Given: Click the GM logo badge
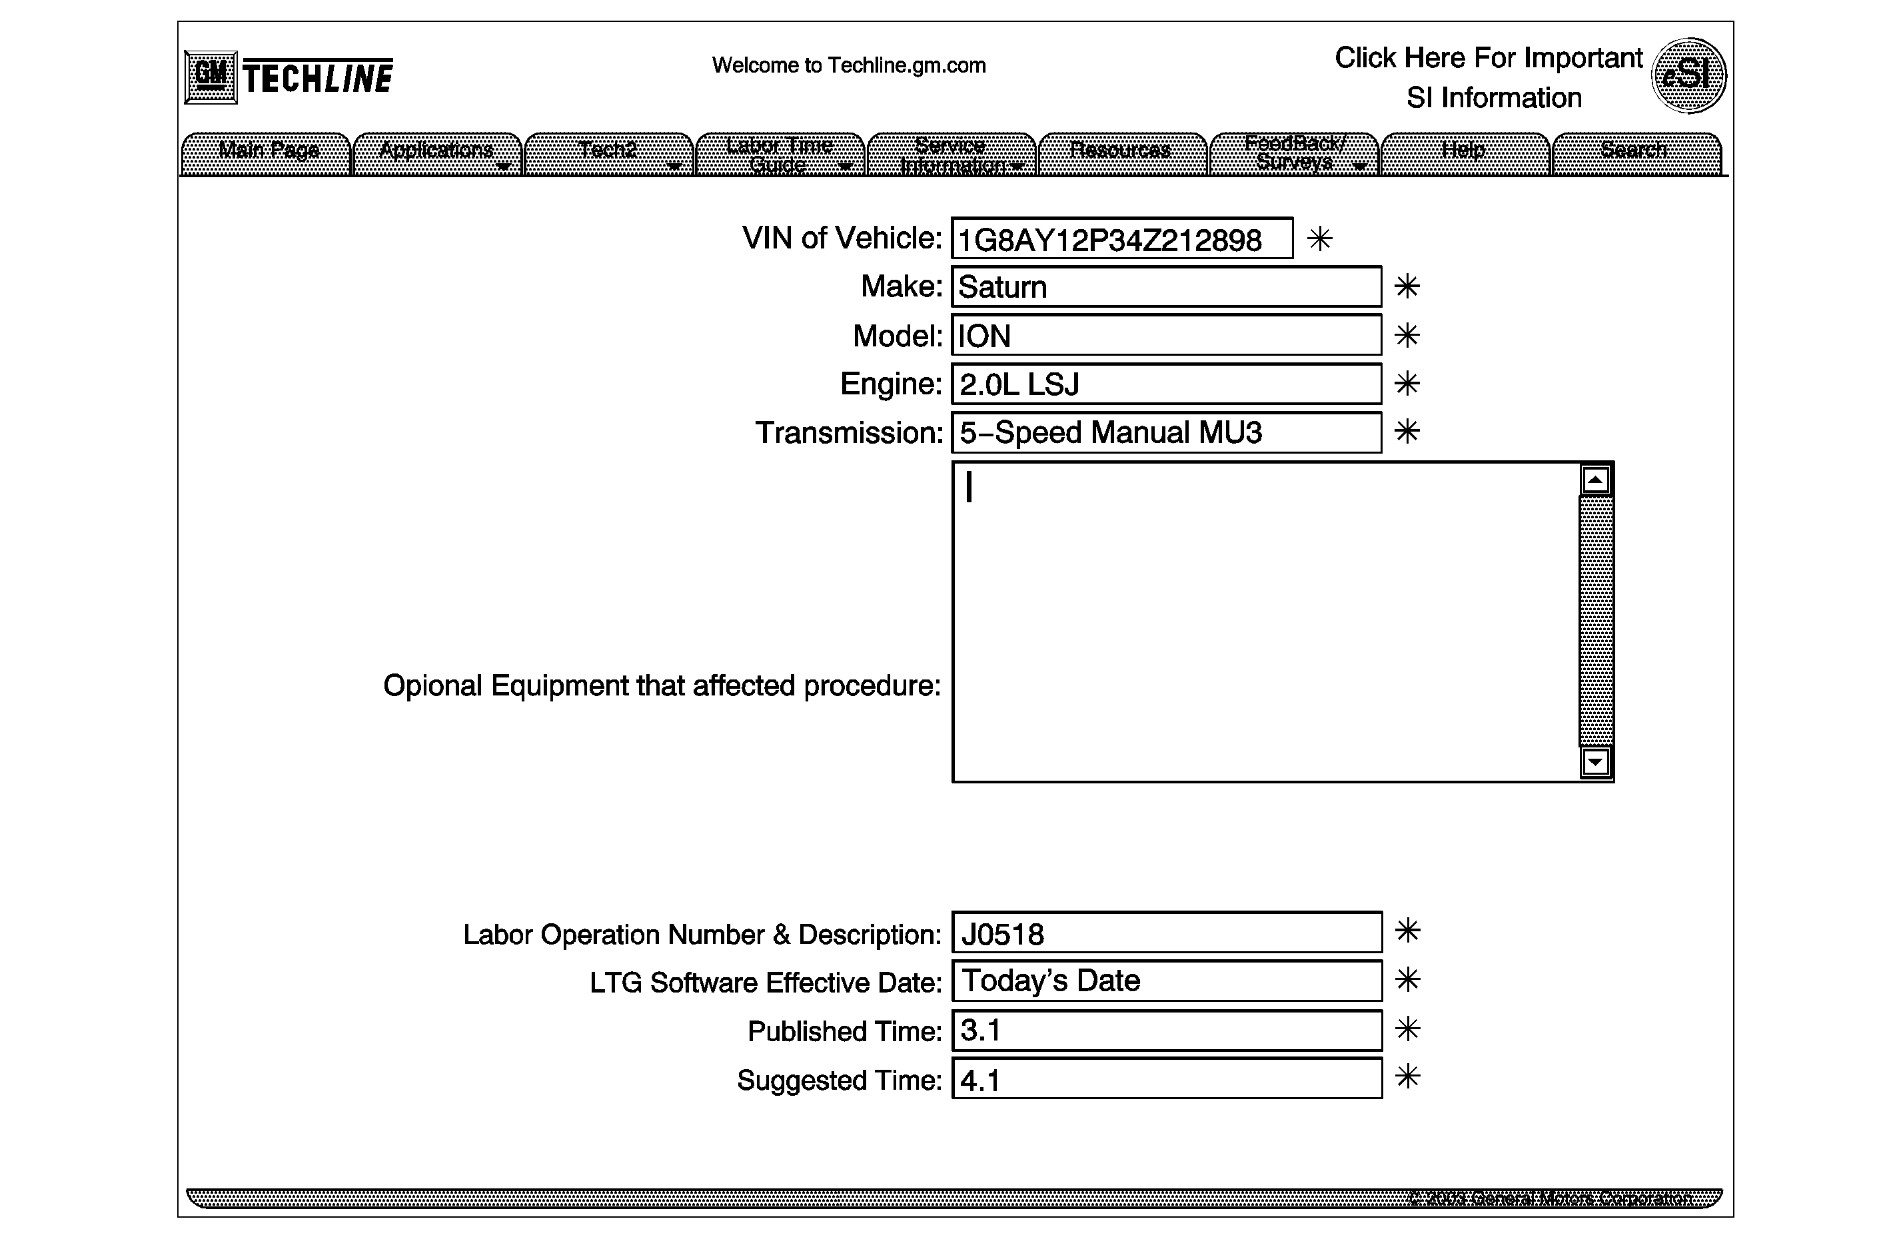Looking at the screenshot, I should [x=211, y=77].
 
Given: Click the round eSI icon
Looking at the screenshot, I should [x=1688, y=76].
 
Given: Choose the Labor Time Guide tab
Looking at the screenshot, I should [x=780, y=154].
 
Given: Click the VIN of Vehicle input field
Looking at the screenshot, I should [x=1121, y=238].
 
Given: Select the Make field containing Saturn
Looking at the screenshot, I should [x=1166, y=287].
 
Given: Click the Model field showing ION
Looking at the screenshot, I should [x=1166, y=336].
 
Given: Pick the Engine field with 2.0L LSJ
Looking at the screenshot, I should [x=1166, y=384].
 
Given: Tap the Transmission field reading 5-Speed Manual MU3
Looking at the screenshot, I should [x=1166, y=432].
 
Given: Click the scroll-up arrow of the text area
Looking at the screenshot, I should [x=1595, y=480].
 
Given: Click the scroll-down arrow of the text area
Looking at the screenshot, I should [x=1595, y=762].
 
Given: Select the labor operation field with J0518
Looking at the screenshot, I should [x=1166, y=933].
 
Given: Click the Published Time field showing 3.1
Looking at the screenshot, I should [x=1166, y=1030].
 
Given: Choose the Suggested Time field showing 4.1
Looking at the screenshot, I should [x=1166, y=1078].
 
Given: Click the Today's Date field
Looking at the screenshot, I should [x=1166, y=981].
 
